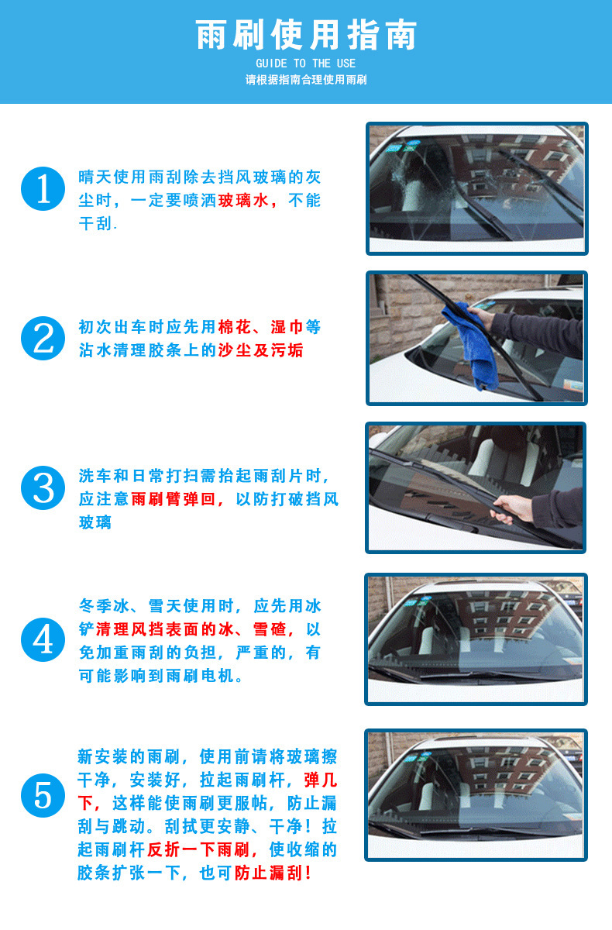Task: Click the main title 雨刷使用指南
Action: [306, 35]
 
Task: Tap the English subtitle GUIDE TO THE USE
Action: [306, 64]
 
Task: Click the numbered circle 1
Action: [43, 189]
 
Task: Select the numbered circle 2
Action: [43, 339]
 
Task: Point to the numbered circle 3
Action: [43, 487]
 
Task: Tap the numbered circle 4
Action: [43, 639]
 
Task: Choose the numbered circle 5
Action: [43, 796]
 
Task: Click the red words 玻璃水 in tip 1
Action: [243, 201]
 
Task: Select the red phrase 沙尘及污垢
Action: [260, 350]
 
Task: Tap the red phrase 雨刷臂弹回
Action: [174, 499]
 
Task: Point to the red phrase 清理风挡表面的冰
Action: [165, 629]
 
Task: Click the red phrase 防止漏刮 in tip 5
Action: [269, 873]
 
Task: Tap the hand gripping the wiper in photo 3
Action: [512, 508]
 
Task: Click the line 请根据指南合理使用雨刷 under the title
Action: [306, 80]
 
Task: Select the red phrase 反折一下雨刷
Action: [198, 850]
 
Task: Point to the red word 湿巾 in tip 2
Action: [287, 327]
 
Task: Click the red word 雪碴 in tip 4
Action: [270, 629]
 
